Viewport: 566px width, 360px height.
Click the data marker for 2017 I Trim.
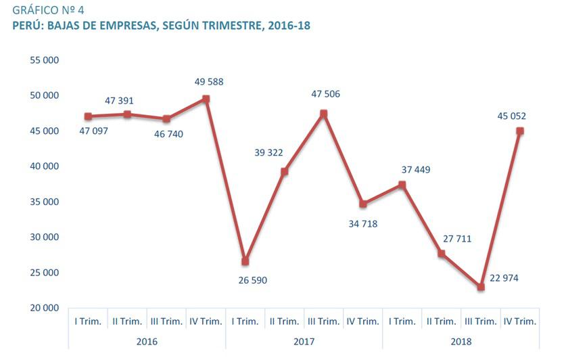tap(245, 261)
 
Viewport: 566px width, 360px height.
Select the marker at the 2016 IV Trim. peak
tap(206, 99)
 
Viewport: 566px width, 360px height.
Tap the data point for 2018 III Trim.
tap(481, 287)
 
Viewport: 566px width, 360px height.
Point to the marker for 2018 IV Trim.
tap(520, 131)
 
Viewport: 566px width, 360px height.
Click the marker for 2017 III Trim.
tap(324, 114)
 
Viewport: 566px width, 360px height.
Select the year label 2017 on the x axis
tap(304, 342)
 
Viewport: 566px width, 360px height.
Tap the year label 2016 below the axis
tap(147, 342)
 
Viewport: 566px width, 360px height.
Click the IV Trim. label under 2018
tap(520, 321)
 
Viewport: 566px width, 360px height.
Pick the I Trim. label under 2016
tap(88, 321)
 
